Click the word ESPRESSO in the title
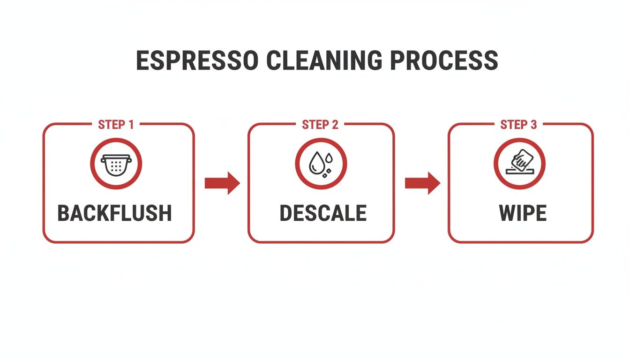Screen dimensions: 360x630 click(197, 60)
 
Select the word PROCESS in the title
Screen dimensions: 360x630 click(443, 60)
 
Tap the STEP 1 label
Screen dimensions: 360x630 click(116, 125)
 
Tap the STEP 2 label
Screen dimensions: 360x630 click(320, 125)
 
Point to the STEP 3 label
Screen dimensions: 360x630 click(518, 125)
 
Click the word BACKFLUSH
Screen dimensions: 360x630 click(115, 213)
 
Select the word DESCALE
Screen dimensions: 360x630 click(323, 213)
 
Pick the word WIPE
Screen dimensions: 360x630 click(523, 213)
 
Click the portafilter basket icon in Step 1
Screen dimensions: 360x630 click(116, 164)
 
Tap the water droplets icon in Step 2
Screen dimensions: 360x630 click(321, 164)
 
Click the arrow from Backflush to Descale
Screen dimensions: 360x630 click(222, 183)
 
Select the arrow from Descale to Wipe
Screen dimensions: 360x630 click(422, 183)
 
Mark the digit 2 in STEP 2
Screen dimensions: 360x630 click(335, 125)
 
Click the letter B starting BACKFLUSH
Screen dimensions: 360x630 click(64, 213)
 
